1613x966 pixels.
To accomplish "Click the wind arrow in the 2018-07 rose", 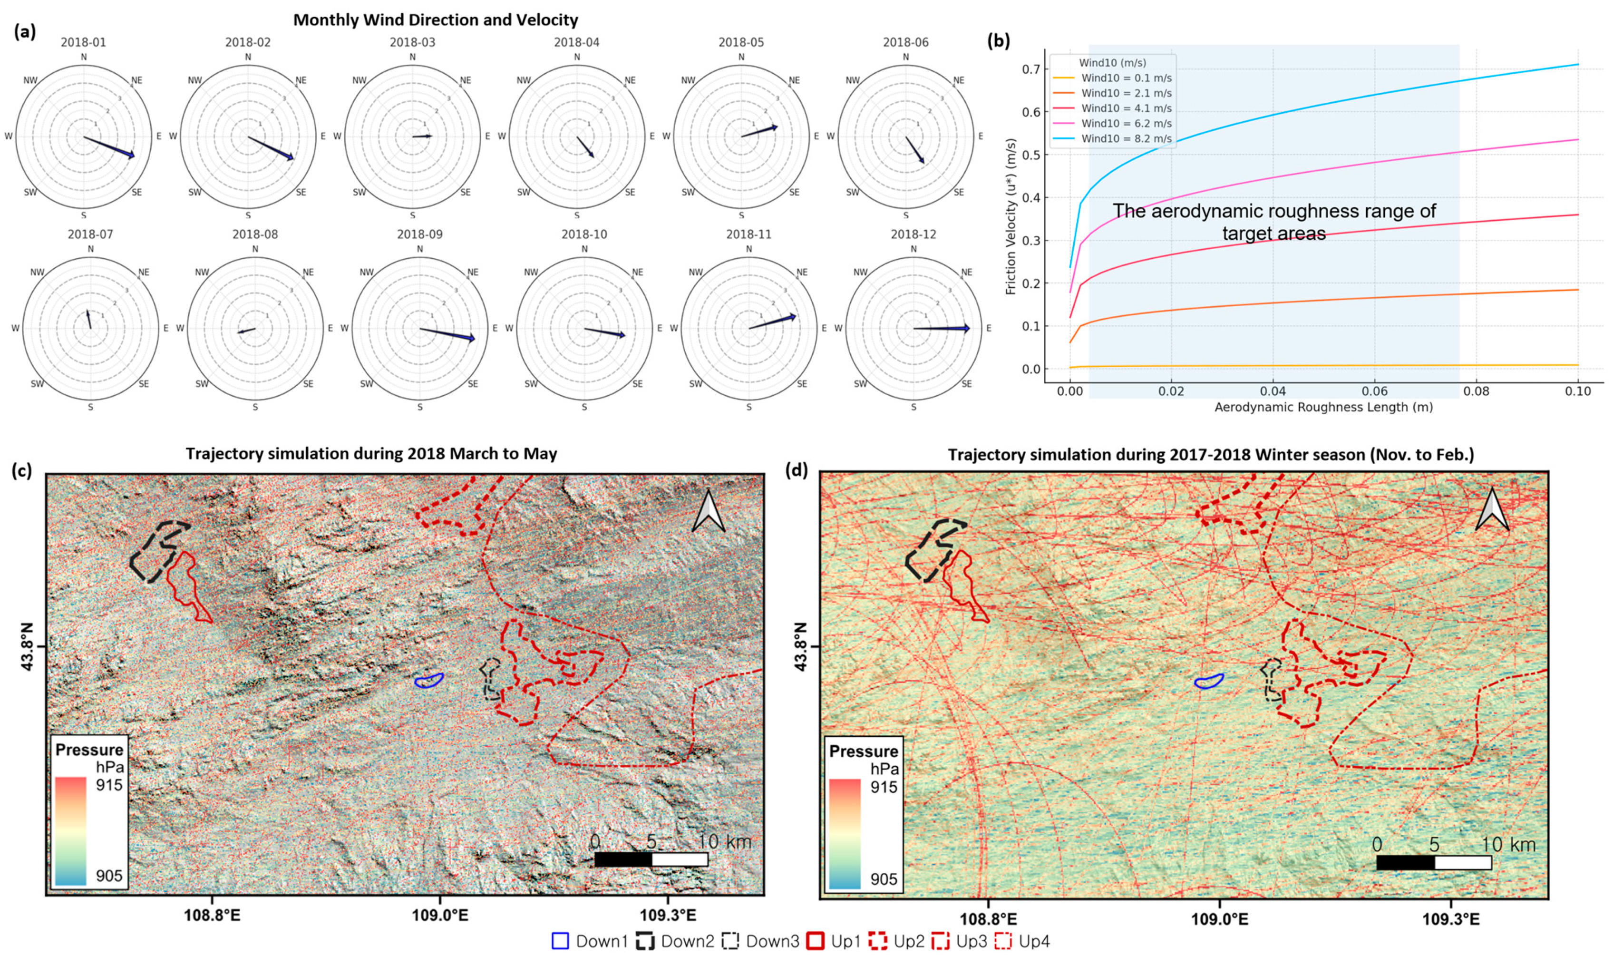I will click(x=88, y=319).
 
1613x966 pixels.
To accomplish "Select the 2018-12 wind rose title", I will click(x=913, y=234).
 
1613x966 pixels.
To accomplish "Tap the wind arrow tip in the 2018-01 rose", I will click(x=134, y=156).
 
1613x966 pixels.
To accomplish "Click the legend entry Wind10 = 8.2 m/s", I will click(x=1126, y=139).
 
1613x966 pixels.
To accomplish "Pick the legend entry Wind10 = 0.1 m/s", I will click(x=1126, y=78).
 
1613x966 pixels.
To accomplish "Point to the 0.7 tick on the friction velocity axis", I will click(x=1030, y=69).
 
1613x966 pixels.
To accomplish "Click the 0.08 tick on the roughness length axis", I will click(x=1476, y=391).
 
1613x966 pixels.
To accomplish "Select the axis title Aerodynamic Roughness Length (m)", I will click(x=1323, y=408).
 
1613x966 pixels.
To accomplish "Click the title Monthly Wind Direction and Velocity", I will click(x=435, y=20).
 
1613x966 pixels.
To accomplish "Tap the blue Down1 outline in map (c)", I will click(x=429, y=681).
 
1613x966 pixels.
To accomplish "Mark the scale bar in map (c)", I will click(x=651, y=859).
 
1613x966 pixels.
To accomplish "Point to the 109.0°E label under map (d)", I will click(x=1219, y=918).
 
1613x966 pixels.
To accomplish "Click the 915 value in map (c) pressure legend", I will click(x=109, y=785).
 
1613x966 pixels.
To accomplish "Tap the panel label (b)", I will click(x=999, y=41).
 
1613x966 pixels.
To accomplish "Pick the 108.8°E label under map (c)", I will click(x=212, y=915).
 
